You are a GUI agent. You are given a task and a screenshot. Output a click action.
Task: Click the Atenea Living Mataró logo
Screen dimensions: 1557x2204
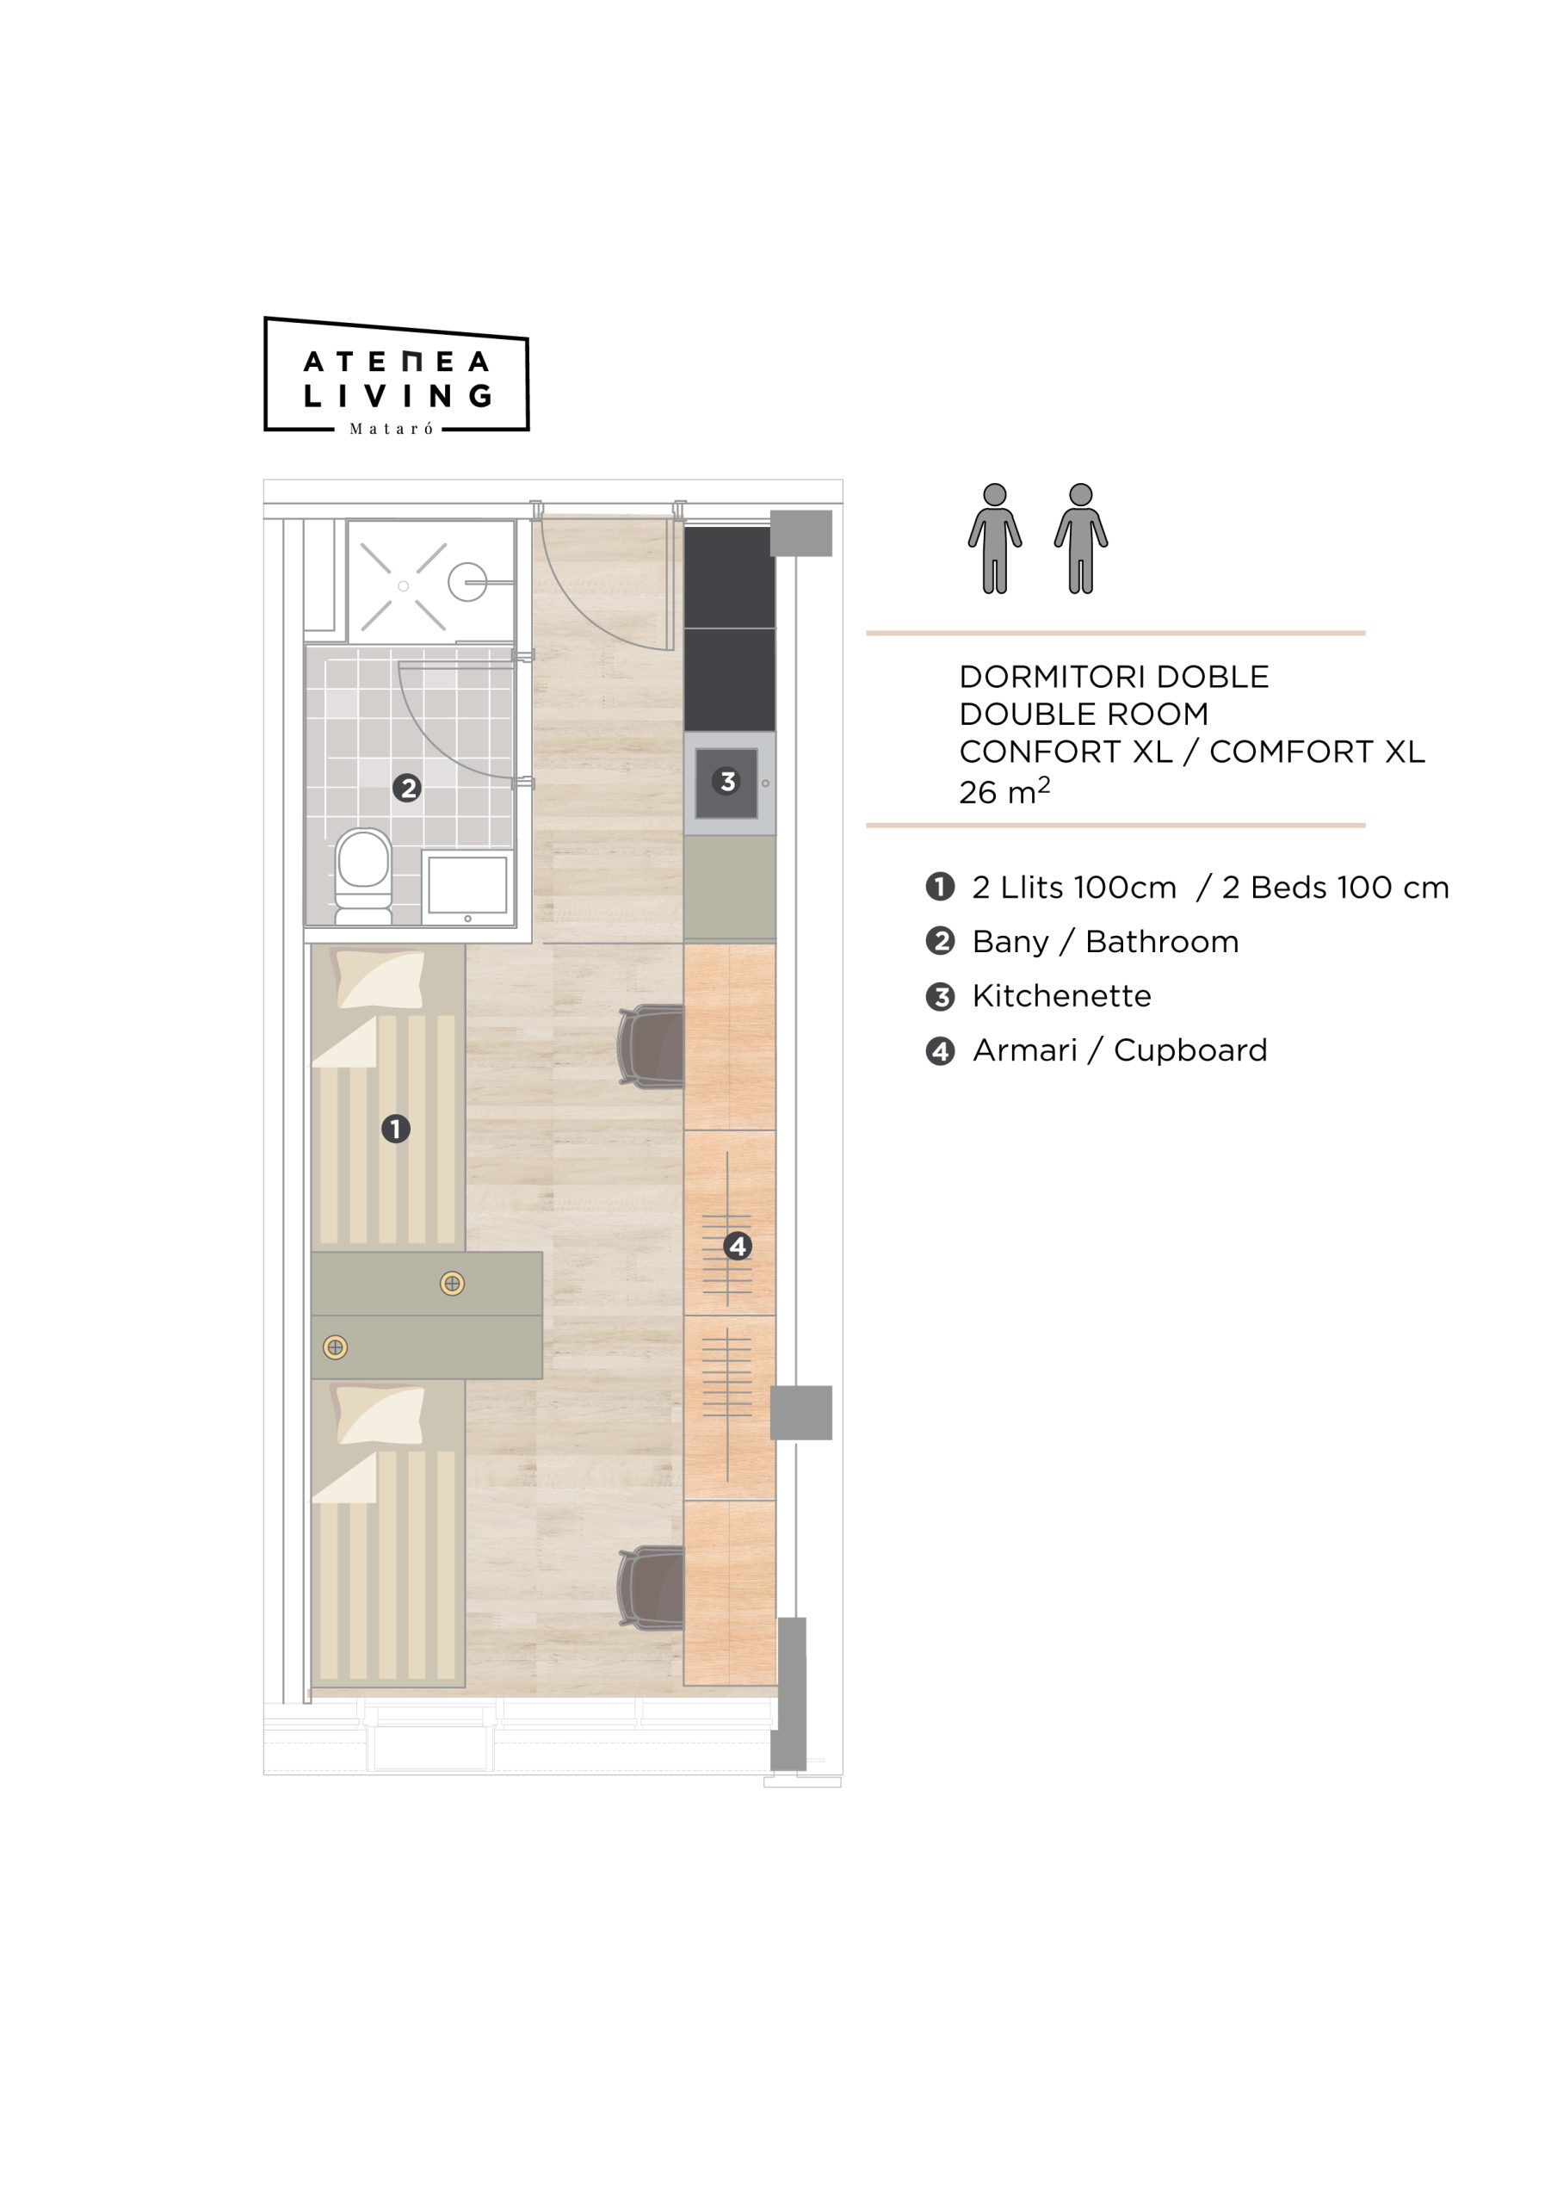397,375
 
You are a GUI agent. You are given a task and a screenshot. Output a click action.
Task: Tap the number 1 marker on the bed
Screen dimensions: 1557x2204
395,1129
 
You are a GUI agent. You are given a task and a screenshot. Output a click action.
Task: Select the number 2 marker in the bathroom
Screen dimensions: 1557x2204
407,788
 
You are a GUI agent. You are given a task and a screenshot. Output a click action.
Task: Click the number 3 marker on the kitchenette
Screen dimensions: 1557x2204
726,782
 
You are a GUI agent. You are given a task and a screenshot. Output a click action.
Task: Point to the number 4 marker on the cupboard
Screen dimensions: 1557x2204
738,1246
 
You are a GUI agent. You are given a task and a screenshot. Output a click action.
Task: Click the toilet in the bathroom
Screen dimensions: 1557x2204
363,876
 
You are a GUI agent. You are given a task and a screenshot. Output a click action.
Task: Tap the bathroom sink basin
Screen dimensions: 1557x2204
467,887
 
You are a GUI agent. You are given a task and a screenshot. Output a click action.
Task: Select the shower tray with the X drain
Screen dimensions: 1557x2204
431,582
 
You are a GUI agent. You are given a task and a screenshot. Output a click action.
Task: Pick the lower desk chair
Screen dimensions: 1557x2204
651,1588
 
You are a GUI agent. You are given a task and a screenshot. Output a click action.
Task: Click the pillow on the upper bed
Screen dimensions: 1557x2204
378,978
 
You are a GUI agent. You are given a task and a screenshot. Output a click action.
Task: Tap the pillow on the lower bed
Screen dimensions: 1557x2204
378,1414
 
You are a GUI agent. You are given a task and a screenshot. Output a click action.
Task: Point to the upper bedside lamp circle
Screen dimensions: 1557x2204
452,1284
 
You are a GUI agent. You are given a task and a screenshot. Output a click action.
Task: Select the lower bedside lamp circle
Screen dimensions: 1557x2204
335,1347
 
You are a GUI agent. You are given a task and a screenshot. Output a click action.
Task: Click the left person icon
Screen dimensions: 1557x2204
994,539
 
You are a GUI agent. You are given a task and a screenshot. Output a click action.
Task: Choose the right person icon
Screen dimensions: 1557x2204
1081,539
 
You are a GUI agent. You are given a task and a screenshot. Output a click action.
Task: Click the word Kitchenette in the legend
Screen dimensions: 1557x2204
1062,995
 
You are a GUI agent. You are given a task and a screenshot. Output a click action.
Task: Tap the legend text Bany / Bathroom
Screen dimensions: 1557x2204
1106,942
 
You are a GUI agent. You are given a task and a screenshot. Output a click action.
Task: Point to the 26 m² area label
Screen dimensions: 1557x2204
1004,791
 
